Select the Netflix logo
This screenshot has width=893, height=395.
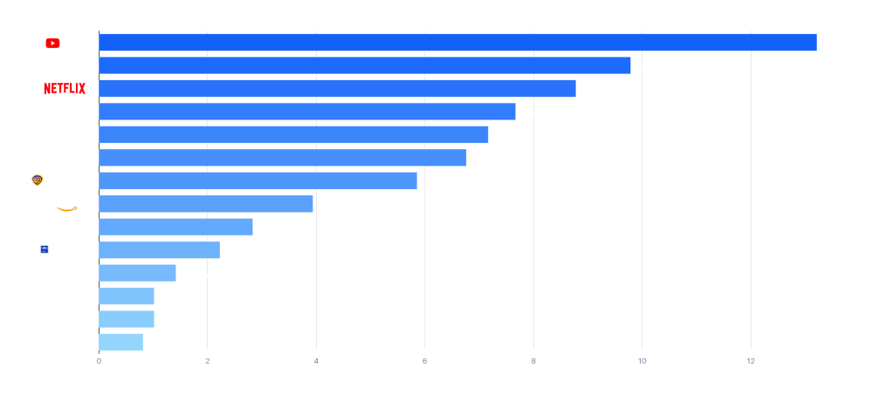point(65,89)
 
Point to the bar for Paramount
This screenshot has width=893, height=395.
point(293,134)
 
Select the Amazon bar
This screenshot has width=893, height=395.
point(206,203)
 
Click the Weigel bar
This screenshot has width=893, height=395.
point(137,273)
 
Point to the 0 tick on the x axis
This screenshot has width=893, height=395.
point(99,361)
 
